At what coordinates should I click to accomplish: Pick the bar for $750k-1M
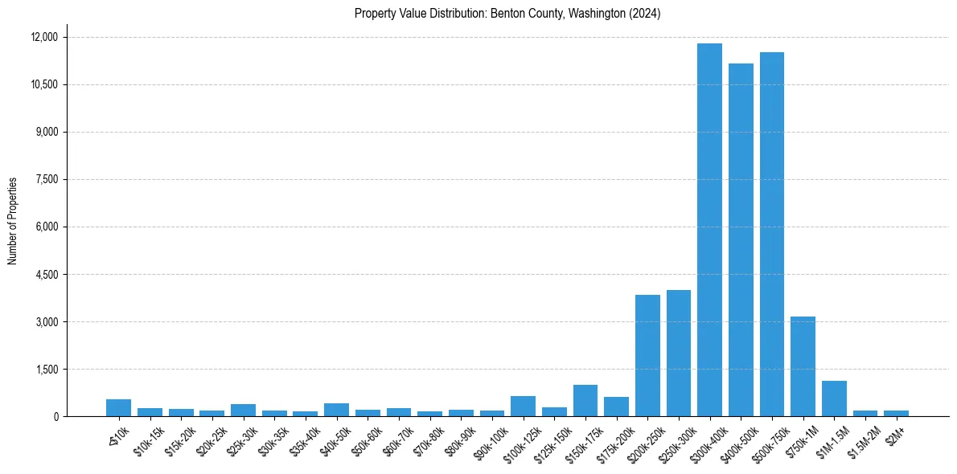point(803,366)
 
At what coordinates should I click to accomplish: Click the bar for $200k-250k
point(647,355)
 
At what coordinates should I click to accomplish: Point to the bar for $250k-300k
point(679,353)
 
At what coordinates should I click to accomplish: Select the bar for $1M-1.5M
point(834,398)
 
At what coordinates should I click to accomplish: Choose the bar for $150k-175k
point(585,400)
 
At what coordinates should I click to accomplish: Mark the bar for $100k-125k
point(523,406)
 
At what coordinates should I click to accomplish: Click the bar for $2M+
point(896,413)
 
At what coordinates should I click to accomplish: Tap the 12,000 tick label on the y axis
point(44,37)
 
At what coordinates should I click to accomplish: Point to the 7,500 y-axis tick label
point(47,179)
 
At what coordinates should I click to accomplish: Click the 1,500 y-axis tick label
point(47,369)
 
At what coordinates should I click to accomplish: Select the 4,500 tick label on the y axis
point(47,274)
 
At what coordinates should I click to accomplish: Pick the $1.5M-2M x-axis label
point(862,439)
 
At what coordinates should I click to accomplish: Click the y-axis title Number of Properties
point(13,220)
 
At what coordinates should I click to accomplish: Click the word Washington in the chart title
point(594,14)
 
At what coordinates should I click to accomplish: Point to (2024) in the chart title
point(645,14)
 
